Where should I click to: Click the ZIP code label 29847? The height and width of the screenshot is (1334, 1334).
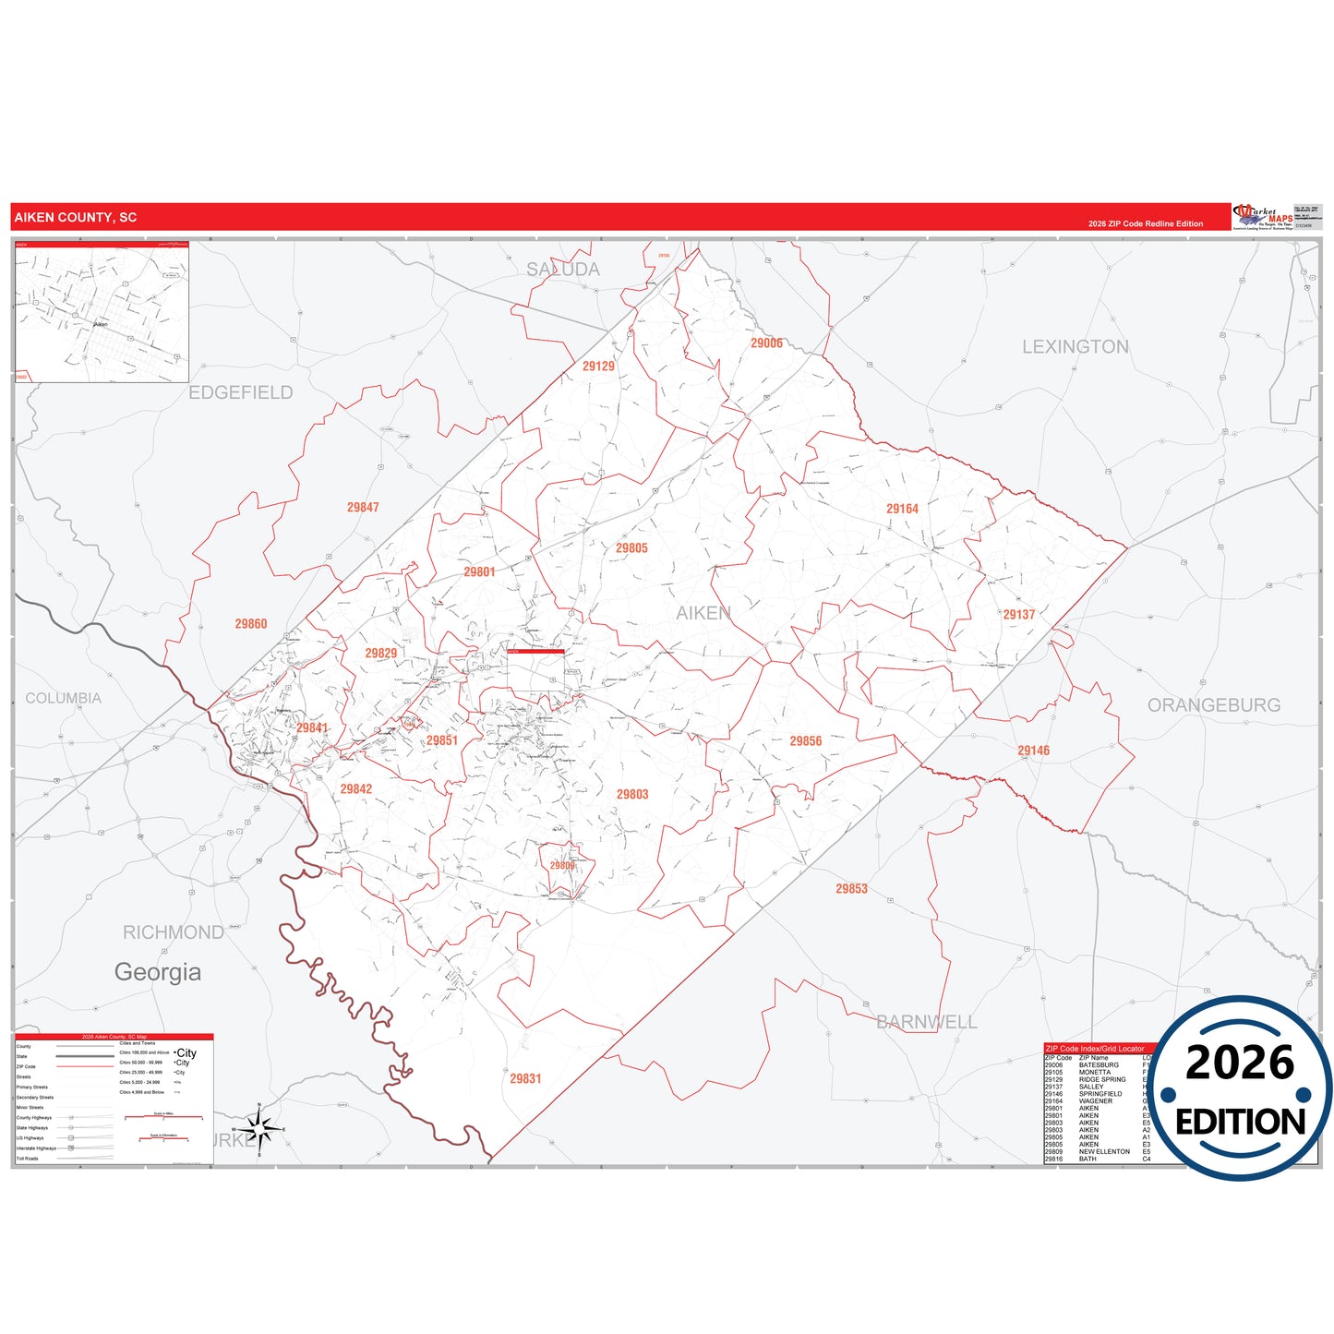(x=363, y=507)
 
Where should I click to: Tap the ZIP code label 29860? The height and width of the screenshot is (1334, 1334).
(x=250, y=624)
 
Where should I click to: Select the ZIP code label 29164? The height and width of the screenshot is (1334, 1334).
(x=902, y=509)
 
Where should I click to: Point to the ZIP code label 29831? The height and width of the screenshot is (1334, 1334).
(x=525, y=1078)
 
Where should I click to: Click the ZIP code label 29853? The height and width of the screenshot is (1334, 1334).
(x=851, y=888)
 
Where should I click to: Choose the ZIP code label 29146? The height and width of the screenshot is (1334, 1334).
(x=1033, y=751)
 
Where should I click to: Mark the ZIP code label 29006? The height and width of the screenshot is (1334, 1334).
(x=766, y=343)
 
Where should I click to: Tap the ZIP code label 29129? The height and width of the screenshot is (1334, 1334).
(x=598, y=366)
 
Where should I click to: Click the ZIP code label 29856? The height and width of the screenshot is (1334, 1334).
(x=805, y=740)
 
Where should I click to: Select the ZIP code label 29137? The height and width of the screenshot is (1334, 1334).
(x=1019, y=614)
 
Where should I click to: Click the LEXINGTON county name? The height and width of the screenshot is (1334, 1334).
(x=1075, y=347)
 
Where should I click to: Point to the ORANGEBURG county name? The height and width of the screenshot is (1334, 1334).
(x=1213, y=705)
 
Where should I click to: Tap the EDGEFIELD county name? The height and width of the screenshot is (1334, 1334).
(x=240, y=392)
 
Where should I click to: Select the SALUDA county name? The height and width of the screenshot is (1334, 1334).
(x=563, y=270)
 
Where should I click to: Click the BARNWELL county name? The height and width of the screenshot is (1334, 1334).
(x=926, y=1022)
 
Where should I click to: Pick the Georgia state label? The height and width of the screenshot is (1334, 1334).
(x=158, y=971)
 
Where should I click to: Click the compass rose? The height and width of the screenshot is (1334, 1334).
(x=259, y=1129)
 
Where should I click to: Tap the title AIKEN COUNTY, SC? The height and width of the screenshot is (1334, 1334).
(x=76, y=218)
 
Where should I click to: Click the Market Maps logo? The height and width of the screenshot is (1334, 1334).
(x=1262, y=217)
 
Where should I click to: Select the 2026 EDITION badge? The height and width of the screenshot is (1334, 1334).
(x=1240, y=1088)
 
